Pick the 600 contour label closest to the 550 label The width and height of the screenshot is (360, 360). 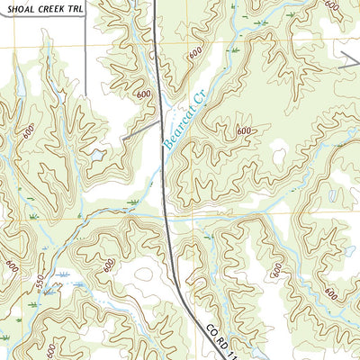pos(12,266)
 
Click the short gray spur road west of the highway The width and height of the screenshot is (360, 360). pos(141,130)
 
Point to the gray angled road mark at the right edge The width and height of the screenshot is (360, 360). pos(350,59)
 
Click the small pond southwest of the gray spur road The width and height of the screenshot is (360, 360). pos(95,154)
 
